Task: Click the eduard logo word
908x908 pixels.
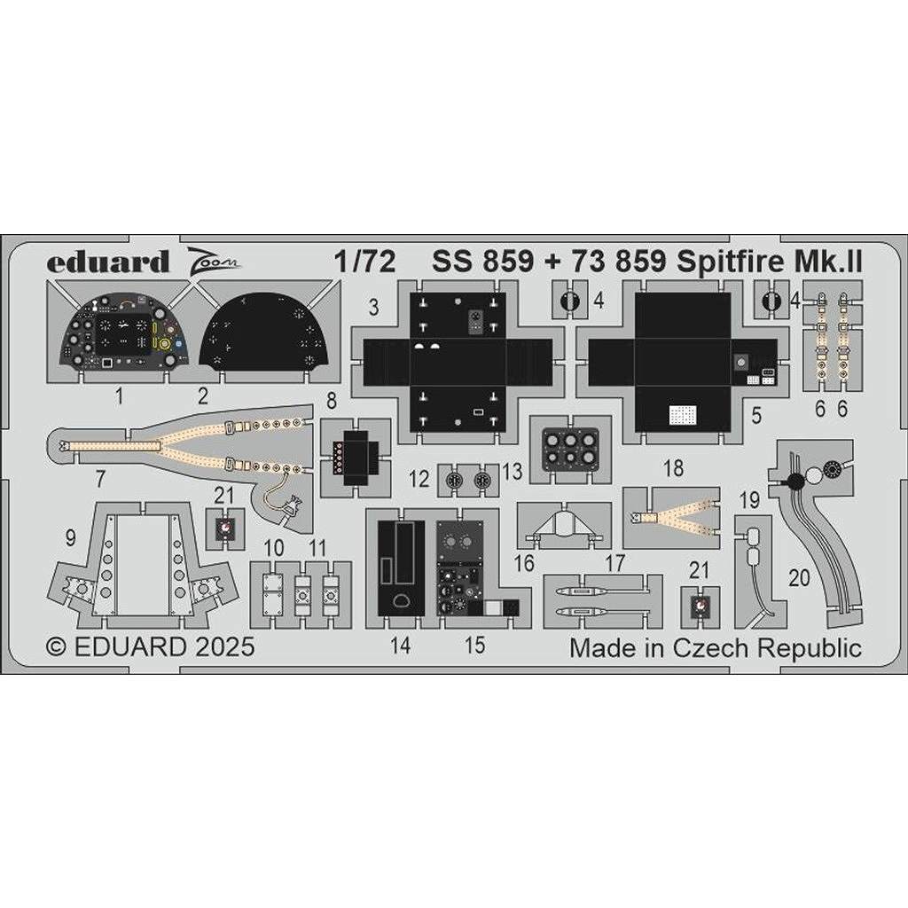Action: [107, 262]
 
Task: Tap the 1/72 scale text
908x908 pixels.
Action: [364, 262]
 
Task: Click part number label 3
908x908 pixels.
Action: [373, 307]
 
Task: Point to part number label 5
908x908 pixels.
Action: [756, 415]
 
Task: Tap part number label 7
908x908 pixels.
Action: [101, 479]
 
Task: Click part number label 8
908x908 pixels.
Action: [332, 400]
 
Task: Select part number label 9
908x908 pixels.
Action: [71, 538]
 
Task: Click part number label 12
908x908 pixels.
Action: [419, 479]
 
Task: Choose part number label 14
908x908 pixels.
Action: [400, 646]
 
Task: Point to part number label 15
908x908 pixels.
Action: [475, 646]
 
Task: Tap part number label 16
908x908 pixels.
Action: [524, 563]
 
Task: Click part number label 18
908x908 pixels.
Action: [674, 468]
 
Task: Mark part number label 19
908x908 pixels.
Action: [750, 500]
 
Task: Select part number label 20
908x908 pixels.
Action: [799, 577]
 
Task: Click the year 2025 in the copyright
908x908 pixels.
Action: [224, 646]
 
